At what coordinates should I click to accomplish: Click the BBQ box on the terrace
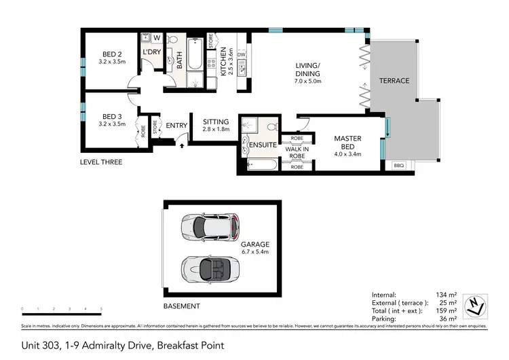[398, 165]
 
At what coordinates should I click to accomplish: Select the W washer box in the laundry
[157, 38]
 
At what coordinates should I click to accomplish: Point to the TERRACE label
[394, 81]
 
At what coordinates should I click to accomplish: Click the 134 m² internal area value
[448, 294]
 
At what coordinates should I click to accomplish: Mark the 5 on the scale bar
[101, 310]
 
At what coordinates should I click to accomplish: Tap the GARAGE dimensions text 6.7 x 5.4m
[254, 252]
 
